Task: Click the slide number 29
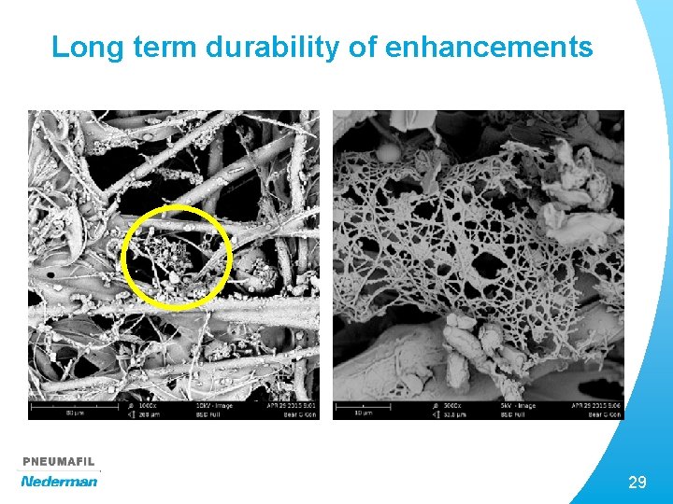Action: [x=637, y=483]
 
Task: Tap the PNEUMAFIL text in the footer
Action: [x=59, y=462]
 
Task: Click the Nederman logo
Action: [x=59, y=481]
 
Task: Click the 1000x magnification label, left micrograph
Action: [x=149, y=407]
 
